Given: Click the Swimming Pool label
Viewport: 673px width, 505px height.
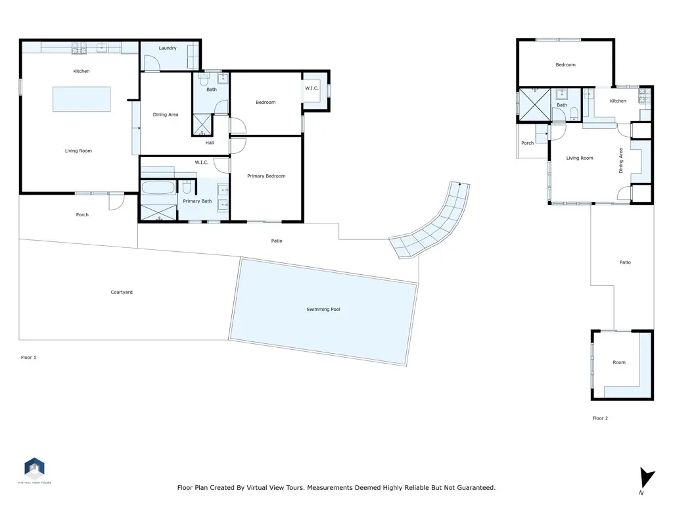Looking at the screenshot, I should point(323,309).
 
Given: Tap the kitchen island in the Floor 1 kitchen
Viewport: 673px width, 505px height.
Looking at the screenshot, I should point(82,99).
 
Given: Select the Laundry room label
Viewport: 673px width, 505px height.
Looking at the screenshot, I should point(168,48).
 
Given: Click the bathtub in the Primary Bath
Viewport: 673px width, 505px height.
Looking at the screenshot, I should point(158,189).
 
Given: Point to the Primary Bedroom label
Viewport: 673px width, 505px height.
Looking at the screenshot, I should point(266,176).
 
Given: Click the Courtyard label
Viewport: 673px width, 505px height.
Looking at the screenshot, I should point(122,292).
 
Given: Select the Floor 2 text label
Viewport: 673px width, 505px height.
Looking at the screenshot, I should point(599,418).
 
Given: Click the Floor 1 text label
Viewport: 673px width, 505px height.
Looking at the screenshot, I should point(28,358).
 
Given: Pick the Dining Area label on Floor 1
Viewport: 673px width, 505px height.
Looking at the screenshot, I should point(166,115).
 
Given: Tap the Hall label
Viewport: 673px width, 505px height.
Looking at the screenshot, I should point(210,143).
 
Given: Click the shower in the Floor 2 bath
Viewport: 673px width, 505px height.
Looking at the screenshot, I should point(534,105).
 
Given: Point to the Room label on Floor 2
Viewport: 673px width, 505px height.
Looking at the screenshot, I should point(619,362).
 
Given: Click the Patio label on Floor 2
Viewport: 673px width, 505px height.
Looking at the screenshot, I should point(624,262).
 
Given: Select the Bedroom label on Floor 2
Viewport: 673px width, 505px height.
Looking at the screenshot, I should point(565,65).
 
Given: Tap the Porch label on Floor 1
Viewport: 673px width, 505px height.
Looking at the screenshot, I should point(82,215).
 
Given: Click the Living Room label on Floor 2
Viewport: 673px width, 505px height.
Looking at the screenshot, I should point(580,158).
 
